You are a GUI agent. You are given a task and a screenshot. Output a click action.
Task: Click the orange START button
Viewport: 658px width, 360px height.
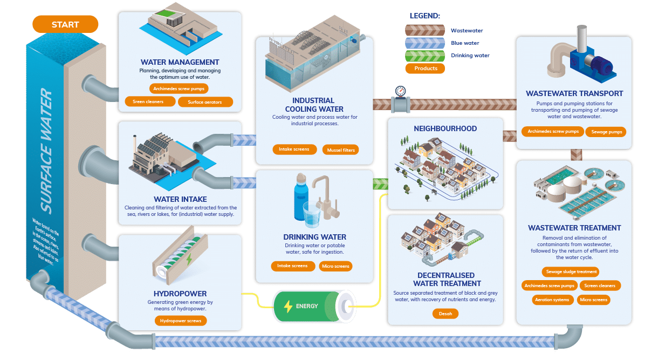point(65,24)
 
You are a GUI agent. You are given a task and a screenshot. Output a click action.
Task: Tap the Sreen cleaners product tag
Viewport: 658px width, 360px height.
point(148,101)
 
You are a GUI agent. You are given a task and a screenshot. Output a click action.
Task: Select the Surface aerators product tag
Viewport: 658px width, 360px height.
point(205,101)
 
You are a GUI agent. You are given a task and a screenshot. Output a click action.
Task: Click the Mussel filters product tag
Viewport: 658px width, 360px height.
point(341,150)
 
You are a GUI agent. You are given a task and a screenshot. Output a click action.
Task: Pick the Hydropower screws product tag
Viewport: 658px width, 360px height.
point(181,321)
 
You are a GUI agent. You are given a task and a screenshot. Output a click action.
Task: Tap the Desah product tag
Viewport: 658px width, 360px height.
point(445,314)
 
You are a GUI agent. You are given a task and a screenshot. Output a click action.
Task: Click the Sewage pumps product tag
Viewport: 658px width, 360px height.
point(606,132)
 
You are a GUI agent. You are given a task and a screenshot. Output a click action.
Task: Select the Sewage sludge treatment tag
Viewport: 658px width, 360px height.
point(571,272)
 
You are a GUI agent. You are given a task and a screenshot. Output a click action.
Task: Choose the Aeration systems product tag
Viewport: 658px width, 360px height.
point(552,300)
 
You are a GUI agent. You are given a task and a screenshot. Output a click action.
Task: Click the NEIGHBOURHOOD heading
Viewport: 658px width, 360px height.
point(445,128)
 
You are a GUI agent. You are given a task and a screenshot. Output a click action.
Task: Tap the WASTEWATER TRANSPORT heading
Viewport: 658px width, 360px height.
point(574,93)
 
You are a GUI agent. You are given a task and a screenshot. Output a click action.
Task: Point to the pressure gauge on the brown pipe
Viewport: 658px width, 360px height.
point(400,92)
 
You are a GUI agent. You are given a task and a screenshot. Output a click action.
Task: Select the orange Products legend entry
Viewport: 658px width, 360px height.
point(426,69)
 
